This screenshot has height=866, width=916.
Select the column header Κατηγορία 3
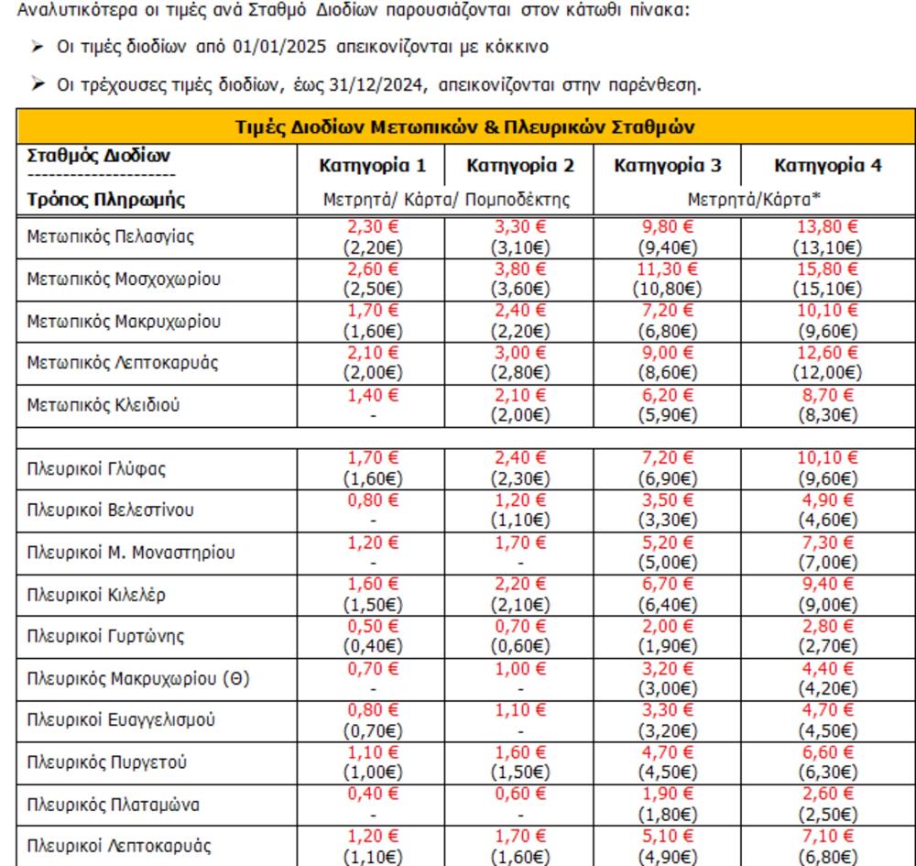(x=668, y=166)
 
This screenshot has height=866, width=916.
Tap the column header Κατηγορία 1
(x=372, y=166)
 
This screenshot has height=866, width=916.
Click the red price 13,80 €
(x=828, y=226)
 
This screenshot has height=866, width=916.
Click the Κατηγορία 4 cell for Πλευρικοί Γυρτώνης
(x=828, y=637)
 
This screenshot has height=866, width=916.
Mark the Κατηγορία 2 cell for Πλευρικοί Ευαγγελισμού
(x=519, y=721)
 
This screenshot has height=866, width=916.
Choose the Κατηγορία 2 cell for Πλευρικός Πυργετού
(x=519, y=763)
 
